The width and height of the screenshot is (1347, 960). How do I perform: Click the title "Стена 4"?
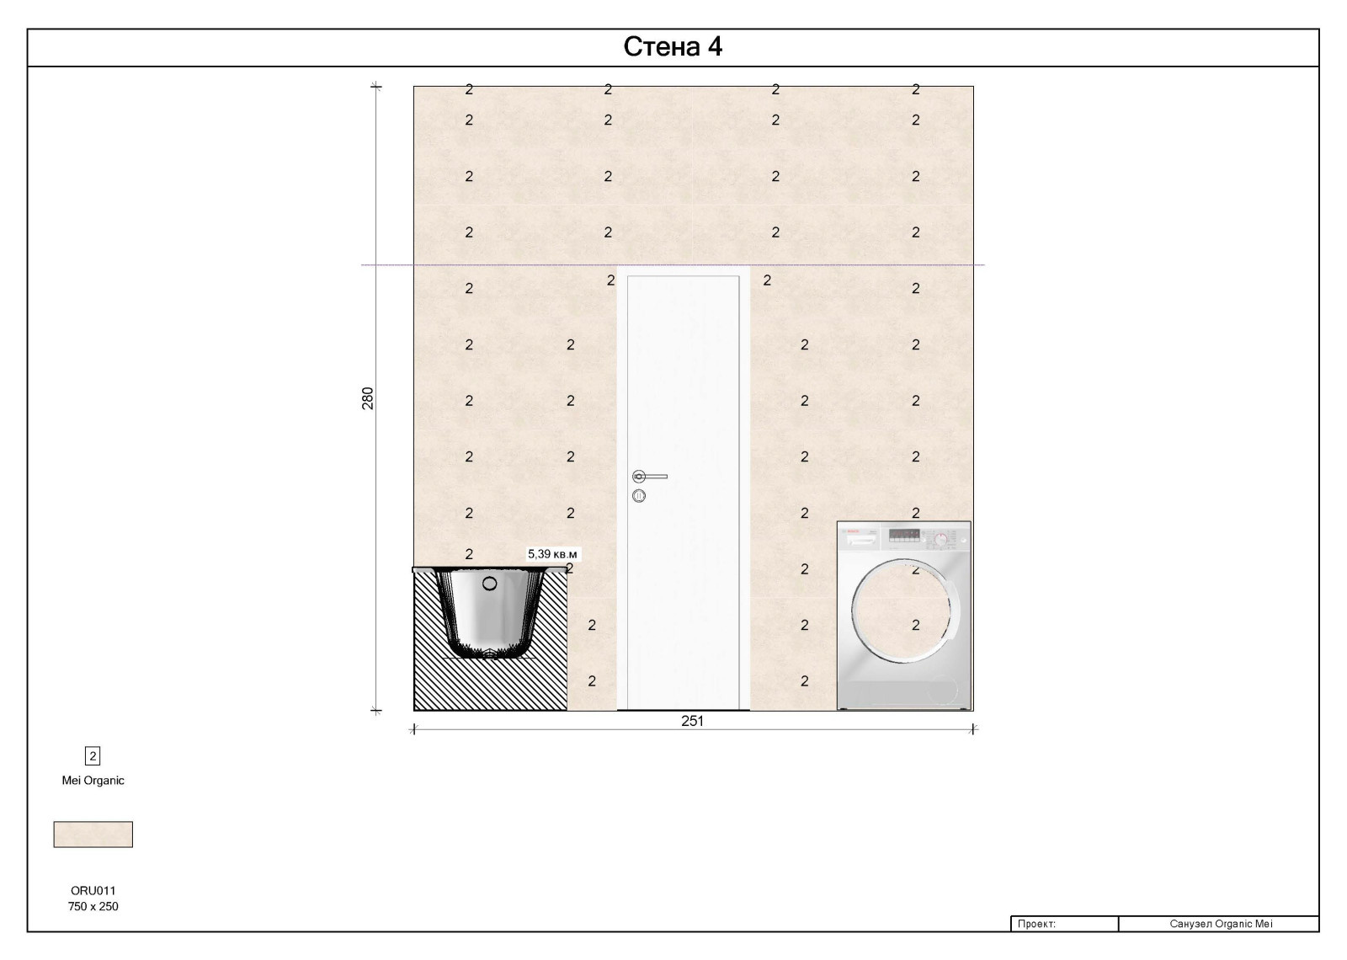(673, 47)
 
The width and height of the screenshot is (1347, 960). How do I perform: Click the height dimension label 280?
(367, 398)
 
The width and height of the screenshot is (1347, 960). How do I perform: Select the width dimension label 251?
(692, 721)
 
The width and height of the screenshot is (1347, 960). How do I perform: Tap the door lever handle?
(649, 477)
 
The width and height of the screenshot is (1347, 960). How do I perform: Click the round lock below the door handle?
(639, 496)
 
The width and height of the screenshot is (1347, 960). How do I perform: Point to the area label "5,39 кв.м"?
(552, 554)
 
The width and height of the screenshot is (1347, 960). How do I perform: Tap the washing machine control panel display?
(904, 534)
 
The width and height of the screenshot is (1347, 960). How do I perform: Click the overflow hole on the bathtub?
(489, 583)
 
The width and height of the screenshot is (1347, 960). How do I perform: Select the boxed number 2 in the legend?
(93, 756)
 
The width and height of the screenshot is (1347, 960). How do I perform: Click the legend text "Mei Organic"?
(93, 780)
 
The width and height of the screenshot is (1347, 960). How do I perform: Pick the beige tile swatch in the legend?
(93, 835)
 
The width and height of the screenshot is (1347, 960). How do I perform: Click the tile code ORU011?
(93, 890)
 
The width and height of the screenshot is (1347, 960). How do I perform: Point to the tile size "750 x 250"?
(93, 906)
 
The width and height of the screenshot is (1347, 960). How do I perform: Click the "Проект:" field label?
(1036, 923)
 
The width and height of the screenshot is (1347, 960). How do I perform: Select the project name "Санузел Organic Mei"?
(1221, 923)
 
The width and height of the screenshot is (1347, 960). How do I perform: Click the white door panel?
(683, 492)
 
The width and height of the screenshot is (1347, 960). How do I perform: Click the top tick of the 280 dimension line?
(376, 87)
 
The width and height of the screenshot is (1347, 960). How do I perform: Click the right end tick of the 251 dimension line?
(973, 729)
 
